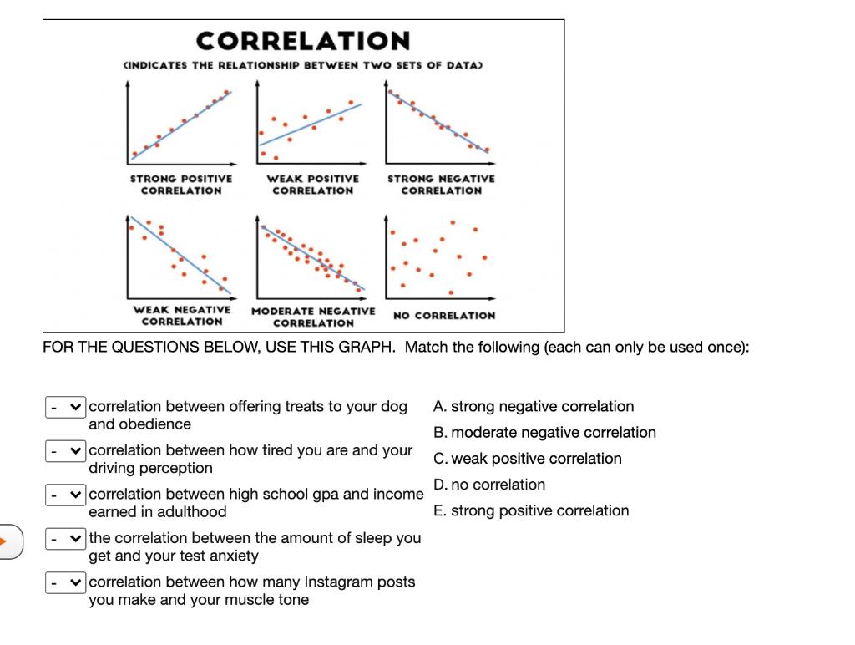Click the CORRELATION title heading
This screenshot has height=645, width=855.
coord(303,40)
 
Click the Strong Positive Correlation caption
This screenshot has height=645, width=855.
coord(181,184)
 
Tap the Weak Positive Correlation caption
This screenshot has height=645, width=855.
coord(312,184)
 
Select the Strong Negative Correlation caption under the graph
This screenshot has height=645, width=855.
coord(441,184)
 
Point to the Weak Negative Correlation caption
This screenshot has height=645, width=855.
coord(182,316)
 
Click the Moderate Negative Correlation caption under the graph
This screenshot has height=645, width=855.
coord(313,317)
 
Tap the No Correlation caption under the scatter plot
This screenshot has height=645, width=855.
coord(443,316)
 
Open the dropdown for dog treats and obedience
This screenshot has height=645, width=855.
coord(65,408)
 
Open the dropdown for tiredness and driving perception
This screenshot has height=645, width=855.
coord(65,451)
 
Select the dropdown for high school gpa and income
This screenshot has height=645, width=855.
coord(65,495)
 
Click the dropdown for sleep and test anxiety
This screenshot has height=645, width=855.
coord(65,538)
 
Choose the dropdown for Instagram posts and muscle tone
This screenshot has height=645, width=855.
coord(65,582)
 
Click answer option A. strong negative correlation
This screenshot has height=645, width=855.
coord(534,407)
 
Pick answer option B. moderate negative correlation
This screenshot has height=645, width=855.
coord(544,433)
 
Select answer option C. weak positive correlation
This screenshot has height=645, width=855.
coord(528,459)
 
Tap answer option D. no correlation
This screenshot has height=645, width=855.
coord(489,485)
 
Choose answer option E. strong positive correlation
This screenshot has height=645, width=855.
coord(531,510)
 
